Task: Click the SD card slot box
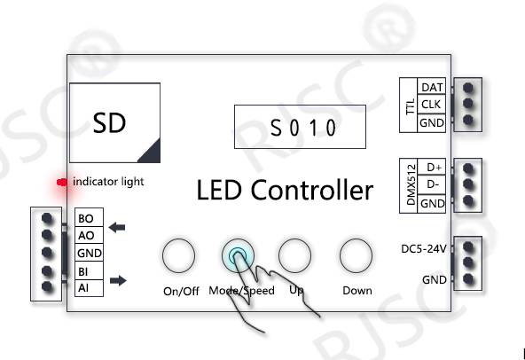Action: [115, 123]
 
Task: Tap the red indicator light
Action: [62, 182]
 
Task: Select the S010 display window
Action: [300, 127]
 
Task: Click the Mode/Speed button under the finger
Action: [238, 255]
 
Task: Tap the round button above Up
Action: [294, 255]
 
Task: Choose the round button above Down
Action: [356, 255]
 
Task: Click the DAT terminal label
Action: [432, 88]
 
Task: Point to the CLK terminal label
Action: [431, 105]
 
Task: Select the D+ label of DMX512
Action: [435, 167]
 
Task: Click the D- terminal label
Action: [433, 184]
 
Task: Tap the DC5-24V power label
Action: [424, 249]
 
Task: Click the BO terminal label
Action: [86, 218]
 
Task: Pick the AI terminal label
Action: [83, 287]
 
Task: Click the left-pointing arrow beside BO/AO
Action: [117, 227]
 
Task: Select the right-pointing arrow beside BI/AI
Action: [118, 280]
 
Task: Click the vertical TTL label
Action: [410, 106]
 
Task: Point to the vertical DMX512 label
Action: [411, 184]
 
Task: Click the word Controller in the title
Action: [312, 190]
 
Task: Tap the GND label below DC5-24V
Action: [435, 279]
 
